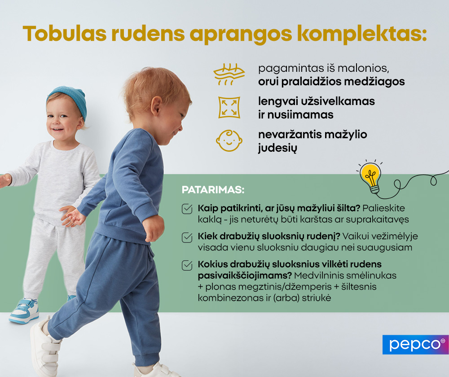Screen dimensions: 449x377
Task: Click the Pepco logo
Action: pyautogui.click(x=415, y=345)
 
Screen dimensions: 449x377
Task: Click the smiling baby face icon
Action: pyautogui.click(x=229, y=140)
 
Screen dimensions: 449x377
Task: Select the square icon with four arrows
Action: pyautogui.click(x=229, y=107)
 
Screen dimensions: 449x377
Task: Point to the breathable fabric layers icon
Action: pyautogui.click(x=229, y=75)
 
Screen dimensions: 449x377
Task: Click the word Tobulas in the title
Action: pyautogui.click(x=65, y=34)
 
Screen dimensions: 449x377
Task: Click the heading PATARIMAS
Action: pyautogui.click(x=213, y=190)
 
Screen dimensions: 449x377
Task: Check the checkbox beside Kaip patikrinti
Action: pyautogui.click(x=187, y=209)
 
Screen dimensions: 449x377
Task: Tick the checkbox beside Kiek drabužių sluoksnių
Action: pyautogui.click(x=187, y=237)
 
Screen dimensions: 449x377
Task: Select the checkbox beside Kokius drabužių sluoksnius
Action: pyautogui.click(x=187, y=265)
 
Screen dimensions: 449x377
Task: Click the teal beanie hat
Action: pyautogui.click(x=68, y=100)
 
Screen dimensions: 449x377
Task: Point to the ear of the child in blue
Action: pyautogui.click(x=157, y=106)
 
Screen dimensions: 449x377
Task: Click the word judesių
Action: pyautogui.click(x=277, y=148)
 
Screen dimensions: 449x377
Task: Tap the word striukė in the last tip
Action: pyautogui.click(x=317, y=298)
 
